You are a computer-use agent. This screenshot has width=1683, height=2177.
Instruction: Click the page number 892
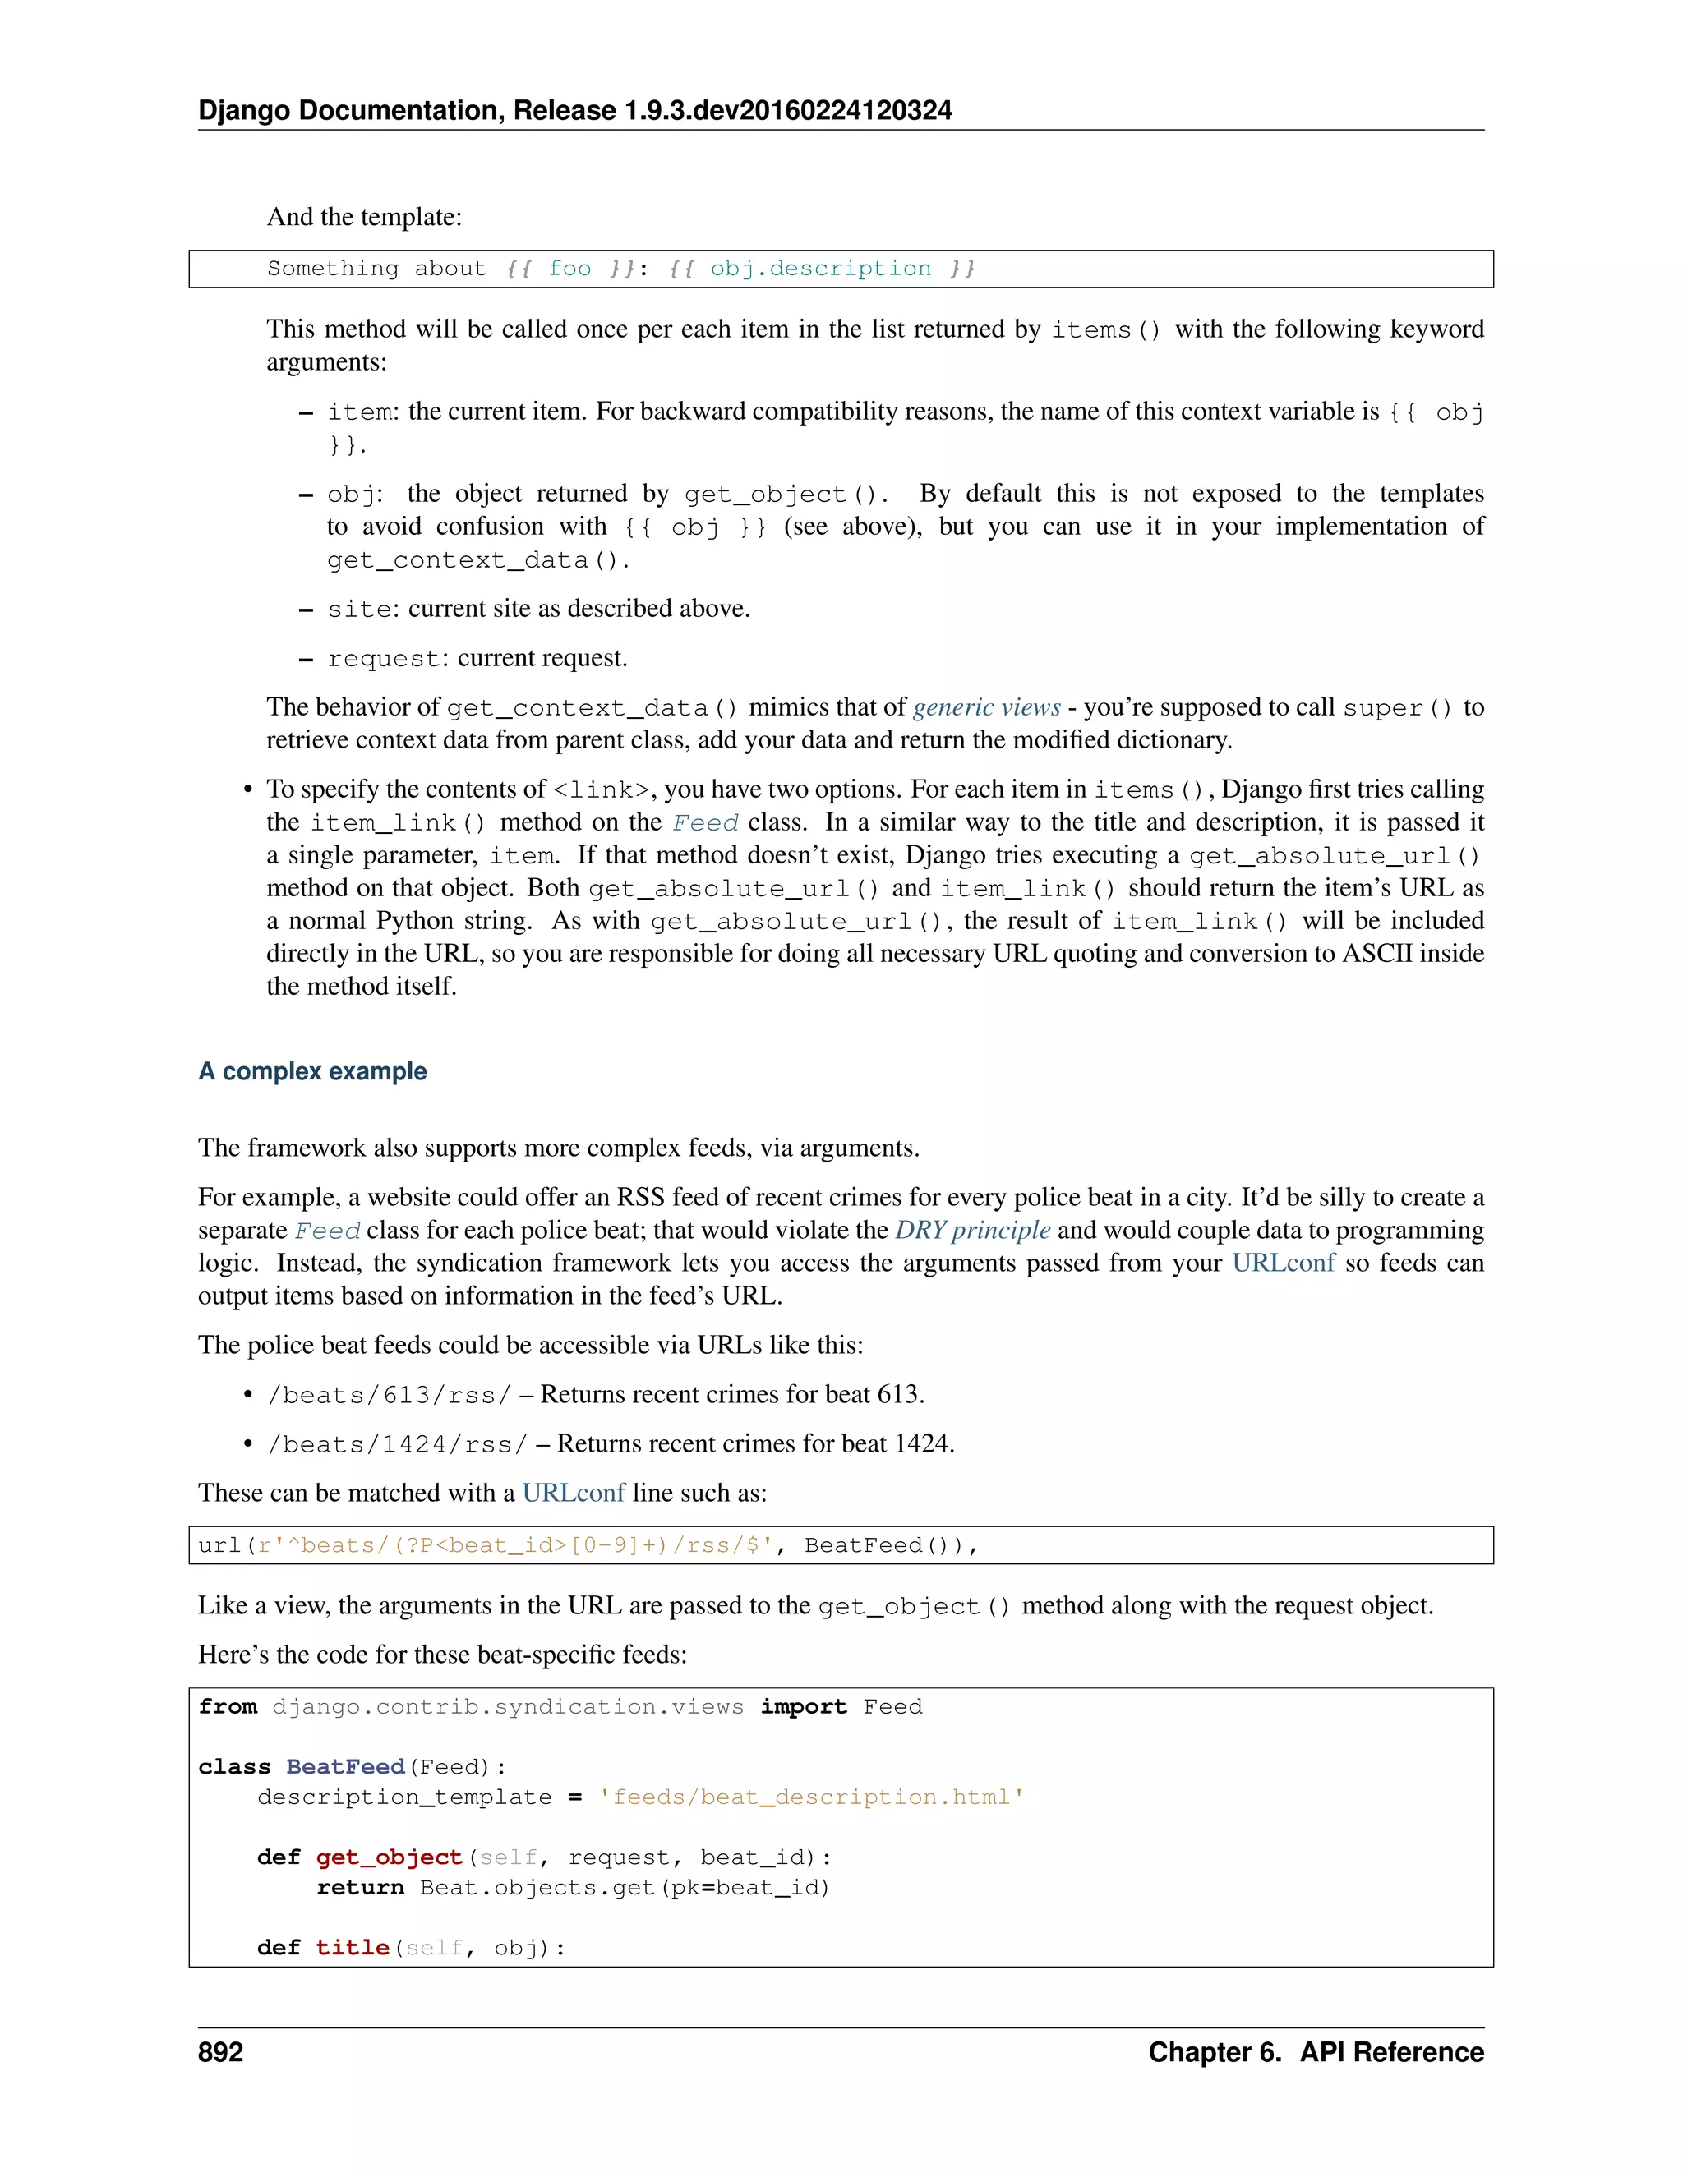coord(220,2051)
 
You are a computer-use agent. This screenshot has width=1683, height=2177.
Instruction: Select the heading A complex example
coord(312,1071)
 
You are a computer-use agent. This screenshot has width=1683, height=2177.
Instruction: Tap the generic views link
coord(986,706)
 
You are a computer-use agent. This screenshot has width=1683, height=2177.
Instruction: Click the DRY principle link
coord(972,1230)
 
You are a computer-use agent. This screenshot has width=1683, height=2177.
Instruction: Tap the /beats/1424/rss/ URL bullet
coord(397,1444)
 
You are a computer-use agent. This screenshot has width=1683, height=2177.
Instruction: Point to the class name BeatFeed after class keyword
coord(345,1766)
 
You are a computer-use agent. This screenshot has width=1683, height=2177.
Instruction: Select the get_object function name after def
coord(389,1857)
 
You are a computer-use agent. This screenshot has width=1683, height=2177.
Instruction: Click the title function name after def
coord(352,1947)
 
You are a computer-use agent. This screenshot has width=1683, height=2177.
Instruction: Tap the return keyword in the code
coord(360,1887)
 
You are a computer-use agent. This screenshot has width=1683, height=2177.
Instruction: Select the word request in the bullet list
coord(384,659)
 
